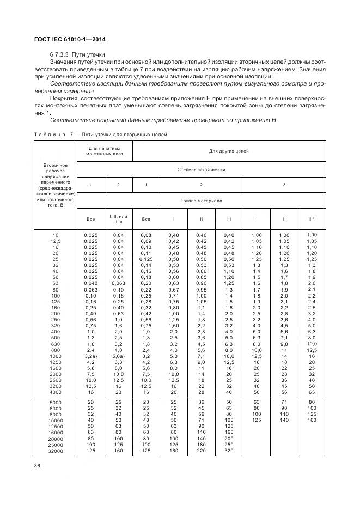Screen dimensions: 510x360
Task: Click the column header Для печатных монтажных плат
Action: click(105, 151)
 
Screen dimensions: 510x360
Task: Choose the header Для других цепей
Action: click(229, 151)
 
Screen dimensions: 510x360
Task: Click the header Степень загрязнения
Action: click(202, 169)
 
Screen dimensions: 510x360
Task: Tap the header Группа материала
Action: click(202, 200)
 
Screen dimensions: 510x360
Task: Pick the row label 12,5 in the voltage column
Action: click(56, 241)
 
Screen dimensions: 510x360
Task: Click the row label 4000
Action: click(56, 391)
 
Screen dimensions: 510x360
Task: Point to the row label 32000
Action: click(56, 451)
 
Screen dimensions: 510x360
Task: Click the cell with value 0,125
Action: click(146, 259)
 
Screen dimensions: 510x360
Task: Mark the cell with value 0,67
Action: click(173, 289)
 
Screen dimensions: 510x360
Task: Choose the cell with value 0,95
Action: click(201, 289)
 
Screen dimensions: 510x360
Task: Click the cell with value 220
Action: click(201, 451)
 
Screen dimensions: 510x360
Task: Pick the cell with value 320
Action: click(229, 451)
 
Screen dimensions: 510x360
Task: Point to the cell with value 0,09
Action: click(146, 241)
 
